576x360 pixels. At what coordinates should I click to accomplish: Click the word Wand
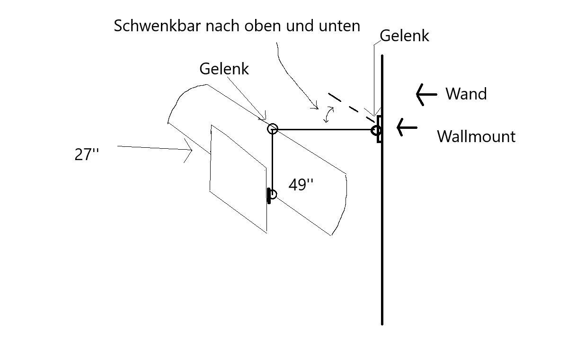tap(466, 94)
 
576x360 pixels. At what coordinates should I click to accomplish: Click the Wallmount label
tap(476, 136)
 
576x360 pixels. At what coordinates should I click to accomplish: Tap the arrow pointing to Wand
tap(426, 94)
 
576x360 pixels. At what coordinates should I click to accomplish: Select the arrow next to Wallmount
tap(407, 127)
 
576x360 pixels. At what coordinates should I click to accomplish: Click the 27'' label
tap(87, 155)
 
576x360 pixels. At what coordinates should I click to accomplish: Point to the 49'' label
tap(301, 185)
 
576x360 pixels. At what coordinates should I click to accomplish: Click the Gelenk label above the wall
tap(404, 36)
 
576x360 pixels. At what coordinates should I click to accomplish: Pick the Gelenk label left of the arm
tap(224, 69)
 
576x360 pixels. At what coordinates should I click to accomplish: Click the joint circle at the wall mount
tap(376, 130)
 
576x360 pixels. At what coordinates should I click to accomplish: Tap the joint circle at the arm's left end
tap(272, 128)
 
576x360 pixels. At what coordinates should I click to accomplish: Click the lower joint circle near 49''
tap(272, 194)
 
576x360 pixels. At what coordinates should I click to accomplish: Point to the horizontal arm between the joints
tap(324, 129)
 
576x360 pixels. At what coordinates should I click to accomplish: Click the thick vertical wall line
tap(382, 237)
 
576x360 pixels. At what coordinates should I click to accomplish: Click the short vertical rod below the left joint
tap(273, 161)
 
